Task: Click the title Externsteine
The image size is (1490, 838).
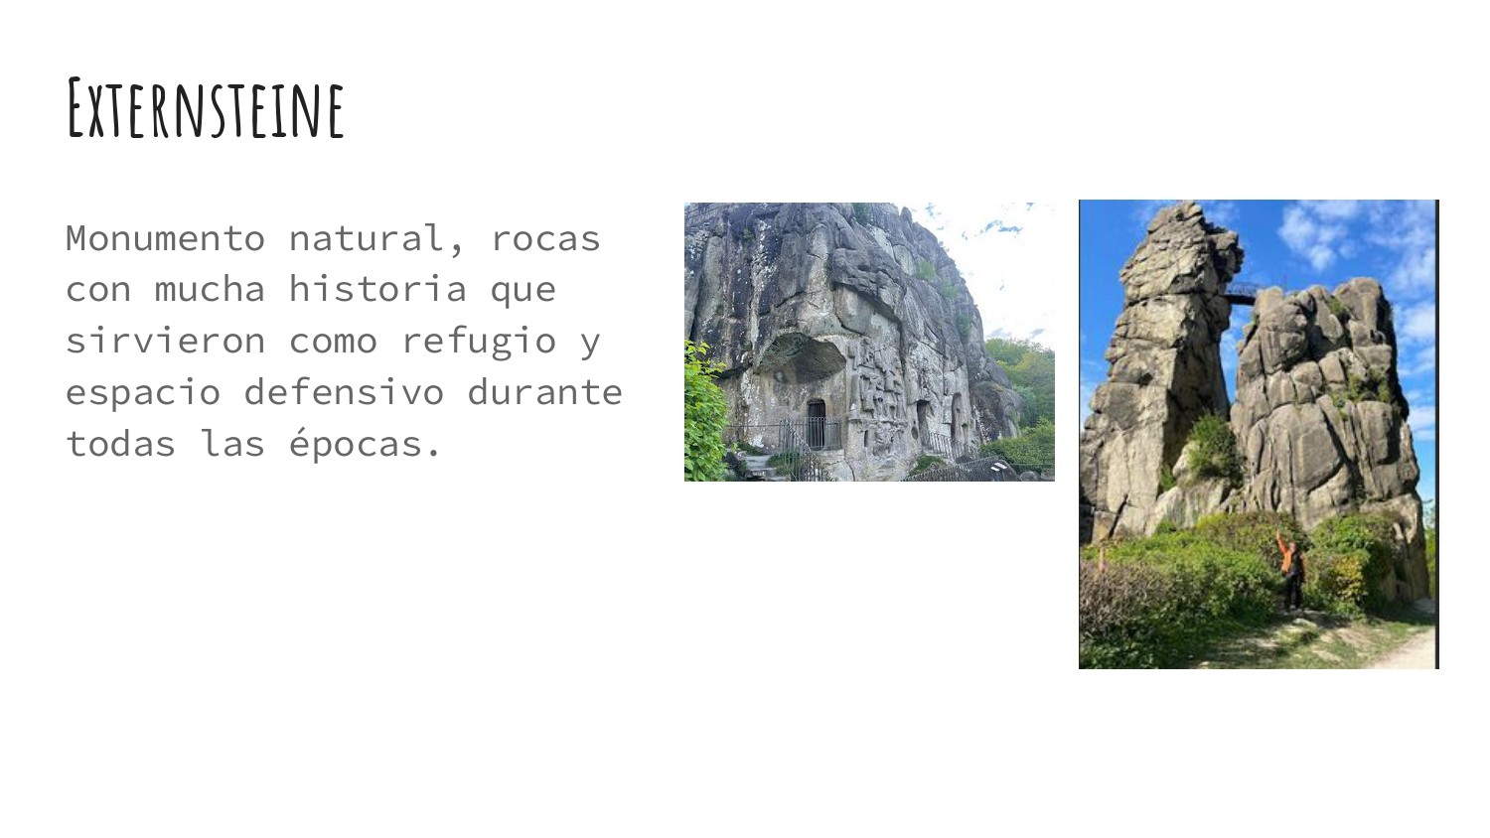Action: [x=206, y=108]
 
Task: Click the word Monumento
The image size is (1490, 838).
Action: [x=166, y=238]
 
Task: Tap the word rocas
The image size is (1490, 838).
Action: [x=545, y=238]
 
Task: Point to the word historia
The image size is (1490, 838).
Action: [x=377, y=289]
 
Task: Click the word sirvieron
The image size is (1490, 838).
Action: [x=166, y=341]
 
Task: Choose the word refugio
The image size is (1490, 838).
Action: [x=478, y=342]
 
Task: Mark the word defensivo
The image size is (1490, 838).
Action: [x=344, y=392]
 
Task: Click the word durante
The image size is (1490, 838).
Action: [x=544, y=392]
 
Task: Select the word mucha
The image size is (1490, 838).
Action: [x=211, y=289]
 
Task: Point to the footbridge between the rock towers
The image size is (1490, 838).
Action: [x=1240, y=294]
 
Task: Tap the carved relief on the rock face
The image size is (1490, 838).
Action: [x=877, y=387]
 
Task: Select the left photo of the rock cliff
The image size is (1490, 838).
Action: [x=869, y=342]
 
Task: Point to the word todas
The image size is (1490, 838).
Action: [x=121, y=444]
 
